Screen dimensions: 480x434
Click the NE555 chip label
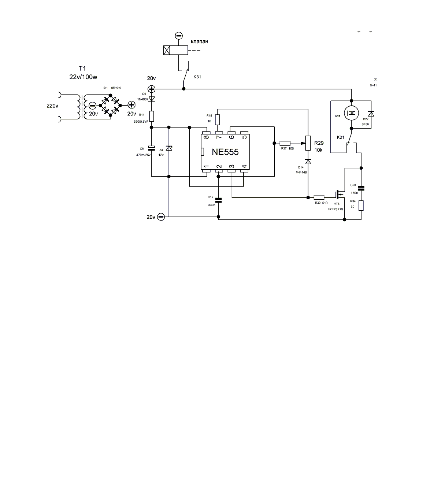coord(225,152)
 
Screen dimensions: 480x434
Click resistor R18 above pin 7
coord(218,119)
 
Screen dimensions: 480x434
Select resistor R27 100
coord(285,143)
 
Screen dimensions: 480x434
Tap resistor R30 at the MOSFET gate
coord(319,197)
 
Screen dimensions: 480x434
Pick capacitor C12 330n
coord(219,200)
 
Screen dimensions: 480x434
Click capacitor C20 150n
coord(361,188)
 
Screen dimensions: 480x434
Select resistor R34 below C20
coord(361,206)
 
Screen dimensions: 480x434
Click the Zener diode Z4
coord(169,148)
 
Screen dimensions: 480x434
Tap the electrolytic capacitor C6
coord(152,148)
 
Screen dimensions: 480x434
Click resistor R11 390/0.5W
coord(152,116)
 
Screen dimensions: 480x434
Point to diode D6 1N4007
coord(152,98)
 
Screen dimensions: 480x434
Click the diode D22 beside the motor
coord(371,114)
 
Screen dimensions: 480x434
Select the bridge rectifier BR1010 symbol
coord(111,106)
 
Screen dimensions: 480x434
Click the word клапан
coord(199,41)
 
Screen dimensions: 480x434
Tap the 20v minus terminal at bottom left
coord(161,217)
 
